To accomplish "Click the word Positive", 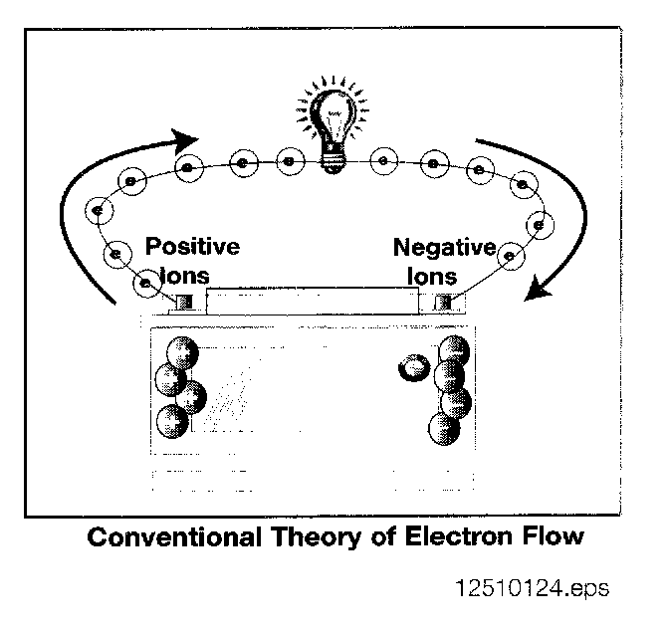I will click(192, 246).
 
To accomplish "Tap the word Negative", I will click(443, 247).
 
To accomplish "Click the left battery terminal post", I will click(184, 302).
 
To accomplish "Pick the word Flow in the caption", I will click(549, 537).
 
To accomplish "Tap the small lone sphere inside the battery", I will click(410, 370).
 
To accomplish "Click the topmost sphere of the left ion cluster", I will click(181, 352).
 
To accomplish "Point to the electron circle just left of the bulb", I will click(290, 160).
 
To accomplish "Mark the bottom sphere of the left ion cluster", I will click(171, 421).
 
